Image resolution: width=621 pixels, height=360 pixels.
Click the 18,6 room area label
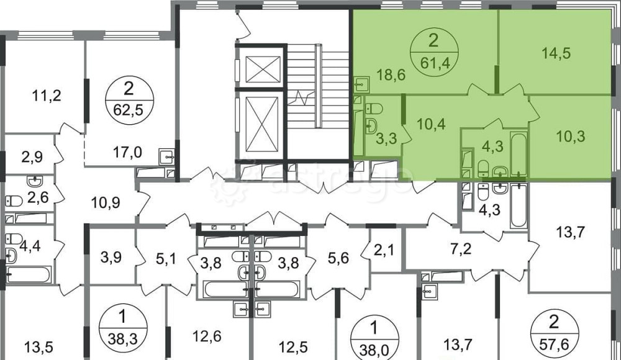390,74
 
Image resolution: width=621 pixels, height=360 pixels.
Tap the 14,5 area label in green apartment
556,53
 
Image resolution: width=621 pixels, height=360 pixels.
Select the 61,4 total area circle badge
435,52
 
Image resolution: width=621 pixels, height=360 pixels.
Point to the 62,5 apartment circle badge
129,100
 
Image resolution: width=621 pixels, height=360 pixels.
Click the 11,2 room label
47,96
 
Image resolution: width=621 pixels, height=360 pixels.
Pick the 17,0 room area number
128,151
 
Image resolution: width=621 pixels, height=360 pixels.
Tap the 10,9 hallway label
106,203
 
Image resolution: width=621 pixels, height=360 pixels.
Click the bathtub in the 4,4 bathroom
29,274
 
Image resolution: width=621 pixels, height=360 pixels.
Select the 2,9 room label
32,157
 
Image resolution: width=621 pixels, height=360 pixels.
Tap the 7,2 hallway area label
461,249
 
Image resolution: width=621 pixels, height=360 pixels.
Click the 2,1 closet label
384,250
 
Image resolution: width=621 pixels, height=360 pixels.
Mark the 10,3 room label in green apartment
570,136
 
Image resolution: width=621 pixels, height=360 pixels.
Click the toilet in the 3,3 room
373,108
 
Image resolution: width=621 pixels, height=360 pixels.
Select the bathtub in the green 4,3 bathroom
519,154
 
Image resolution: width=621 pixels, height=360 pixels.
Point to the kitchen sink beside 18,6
361,84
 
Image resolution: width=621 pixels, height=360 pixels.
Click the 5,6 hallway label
338,258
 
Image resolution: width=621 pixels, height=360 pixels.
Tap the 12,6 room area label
207,336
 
